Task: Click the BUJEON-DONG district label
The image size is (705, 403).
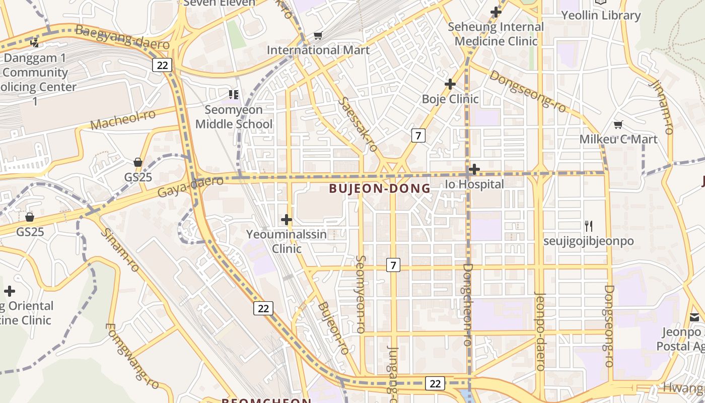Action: (380, 188)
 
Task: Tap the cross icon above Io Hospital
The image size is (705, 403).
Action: (474, 169)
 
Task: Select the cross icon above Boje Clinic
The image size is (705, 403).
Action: (450, 84)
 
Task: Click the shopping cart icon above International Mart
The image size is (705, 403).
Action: (318, 35)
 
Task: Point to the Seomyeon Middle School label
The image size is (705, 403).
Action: (234, 117)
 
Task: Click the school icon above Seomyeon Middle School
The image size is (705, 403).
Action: (233, 94)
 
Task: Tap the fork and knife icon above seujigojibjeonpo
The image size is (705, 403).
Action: (589, 226)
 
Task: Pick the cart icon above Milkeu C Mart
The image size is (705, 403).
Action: (618, 124)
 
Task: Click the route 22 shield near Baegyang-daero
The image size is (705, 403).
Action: (162, 64)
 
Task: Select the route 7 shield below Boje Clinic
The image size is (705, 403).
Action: (418, 135)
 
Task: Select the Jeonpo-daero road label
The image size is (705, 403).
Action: (540, 331)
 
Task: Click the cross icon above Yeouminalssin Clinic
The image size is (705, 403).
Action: (287, 220)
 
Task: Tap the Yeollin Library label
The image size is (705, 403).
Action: (601, 16)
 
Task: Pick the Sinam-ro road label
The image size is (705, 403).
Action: (119, 249)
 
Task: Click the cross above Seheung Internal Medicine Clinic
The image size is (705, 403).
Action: (496, 12)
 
